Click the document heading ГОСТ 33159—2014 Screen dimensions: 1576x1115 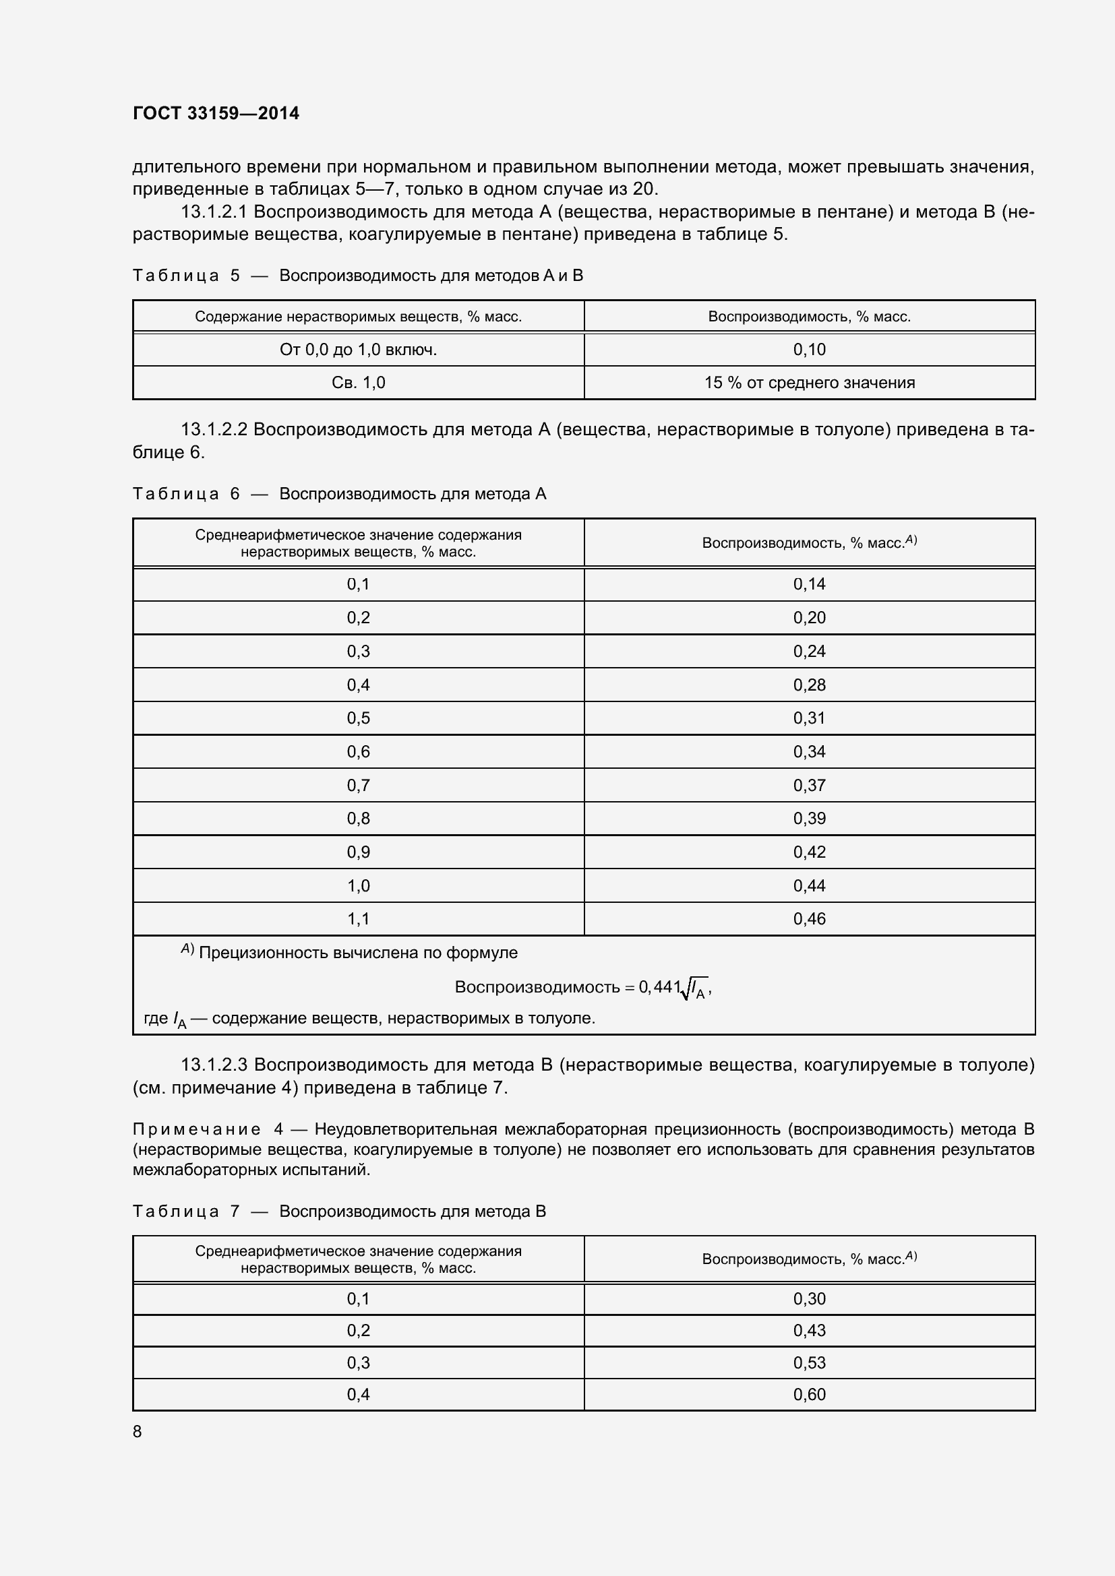216,113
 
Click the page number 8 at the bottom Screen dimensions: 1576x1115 138,1431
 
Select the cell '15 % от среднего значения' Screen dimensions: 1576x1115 809,383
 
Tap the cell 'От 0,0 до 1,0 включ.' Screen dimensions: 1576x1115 358,350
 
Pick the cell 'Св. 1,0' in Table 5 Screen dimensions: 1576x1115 358,383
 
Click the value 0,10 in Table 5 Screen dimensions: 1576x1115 809,350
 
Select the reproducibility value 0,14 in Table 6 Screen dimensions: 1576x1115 809,584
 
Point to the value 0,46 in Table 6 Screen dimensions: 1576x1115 809,918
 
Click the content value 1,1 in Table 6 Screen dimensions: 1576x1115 358,918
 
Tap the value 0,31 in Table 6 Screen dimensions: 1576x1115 809,718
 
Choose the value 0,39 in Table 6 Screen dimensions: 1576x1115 809,818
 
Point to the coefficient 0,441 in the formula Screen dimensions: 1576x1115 659,987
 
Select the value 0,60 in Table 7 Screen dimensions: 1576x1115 809,1394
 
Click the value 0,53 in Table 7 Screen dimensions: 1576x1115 809,1362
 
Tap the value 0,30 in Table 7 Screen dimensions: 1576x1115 809,1298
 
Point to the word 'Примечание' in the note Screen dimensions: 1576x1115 196,1129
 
